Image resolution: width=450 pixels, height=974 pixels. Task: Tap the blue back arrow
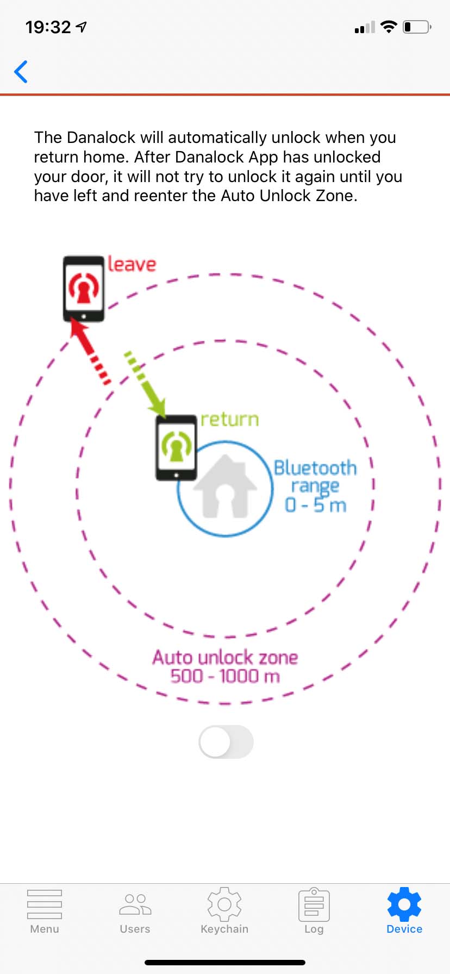[21, 72]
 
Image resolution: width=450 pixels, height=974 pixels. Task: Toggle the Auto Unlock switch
[226, 742]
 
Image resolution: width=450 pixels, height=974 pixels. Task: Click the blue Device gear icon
[404, 904]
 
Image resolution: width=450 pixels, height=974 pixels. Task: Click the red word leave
[132, 264]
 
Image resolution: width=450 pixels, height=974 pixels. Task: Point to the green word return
[229, 420]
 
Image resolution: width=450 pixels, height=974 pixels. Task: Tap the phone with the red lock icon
[84, 289]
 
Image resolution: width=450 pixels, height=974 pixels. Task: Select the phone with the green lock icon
[176, 448]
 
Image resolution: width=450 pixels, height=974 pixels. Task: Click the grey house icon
[225, 487]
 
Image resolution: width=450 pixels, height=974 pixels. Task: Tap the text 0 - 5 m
[316, 505]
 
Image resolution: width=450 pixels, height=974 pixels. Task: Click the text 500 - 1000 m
[225, 677]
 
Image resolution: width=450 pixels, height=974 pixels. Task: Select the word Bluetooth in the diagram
[315, 468]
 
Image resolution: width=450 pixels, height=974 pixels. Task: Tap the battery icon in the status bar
[417, 27]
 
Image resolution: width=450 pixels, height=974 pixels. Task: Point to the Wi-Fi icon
[389, 27]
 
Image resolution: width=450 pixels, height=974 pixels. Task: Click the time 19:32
[48, 27]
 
